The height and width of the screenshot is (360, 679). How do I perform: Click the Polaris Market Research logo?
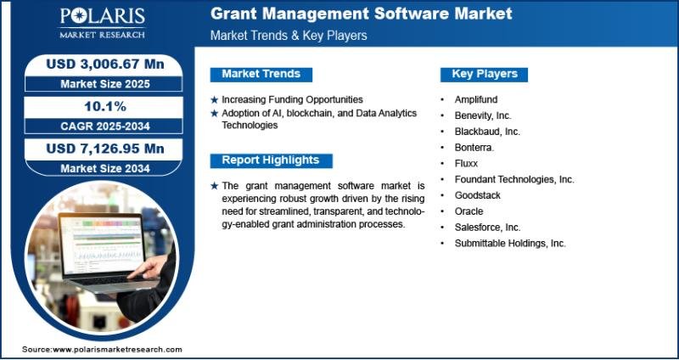click(x=102, y=23)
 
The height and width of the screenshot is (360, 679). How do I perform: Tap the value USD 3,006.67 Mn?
click(x=105, y=65)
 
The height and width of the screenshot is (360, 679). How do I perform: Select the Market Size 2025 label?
click(x=105, y=84)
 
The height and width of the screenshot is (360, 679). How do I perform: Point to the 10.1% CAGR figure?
click(x=105, y=107)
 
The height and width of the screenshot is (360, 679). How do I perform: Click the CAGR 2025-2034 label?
click(x=105, y=127)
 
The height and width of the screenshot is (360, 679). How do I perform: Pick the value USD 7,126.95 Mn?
click(x=105, y=149)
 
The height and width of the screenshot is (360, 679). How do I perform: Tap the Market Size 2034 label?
click(x=105, y=168)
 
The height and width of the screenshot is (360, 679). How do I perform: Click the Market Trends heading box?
click(x=261, y=74)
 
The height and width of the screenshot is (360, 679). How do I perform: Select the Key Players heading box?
click(x=484, y=74)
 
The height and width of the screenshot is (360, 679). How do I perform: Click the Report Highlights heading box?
click(x=271, y=160)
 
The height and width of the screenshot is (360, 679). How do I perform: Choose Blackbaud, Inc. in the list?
click(x=487, y=132)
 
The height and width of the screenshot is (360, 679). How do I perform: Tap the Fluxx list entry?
click(x=466, y=164)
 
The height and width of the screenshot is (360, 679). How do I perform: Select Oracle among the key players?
click(x=469, y=211)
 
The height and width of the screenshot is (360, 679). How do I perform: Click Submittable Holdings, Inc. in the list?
click(x=510, y=244)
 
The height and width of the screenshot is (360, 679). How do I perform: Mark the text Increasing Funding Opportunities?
click(x=292, y=99)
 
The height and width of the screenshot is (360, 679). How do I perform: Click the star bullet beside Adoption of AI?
click(x=215, y=114)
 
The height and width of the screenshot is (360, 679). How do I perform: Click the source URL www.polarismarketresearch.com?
click(x=117, y=349)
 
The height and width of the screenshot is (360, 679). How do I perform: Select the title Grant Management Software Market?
click(x=362, y=14)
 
